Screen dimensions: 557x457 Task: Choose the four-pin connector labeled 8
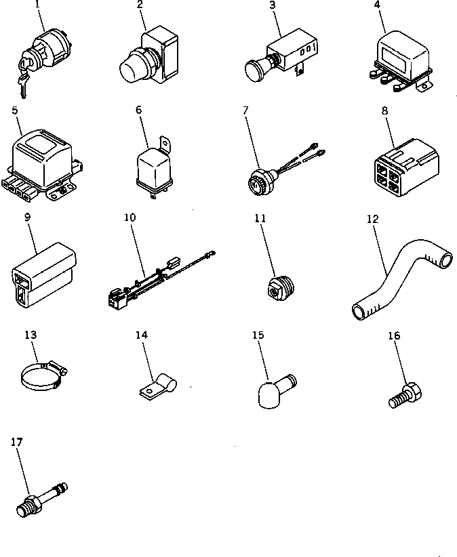(404, 165)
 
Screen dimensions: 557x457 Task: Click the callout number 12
(372, 219)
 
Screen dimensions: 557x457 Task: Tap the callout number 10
(130, 218)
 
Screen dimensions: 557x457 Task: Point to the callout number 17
(17, 442)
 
